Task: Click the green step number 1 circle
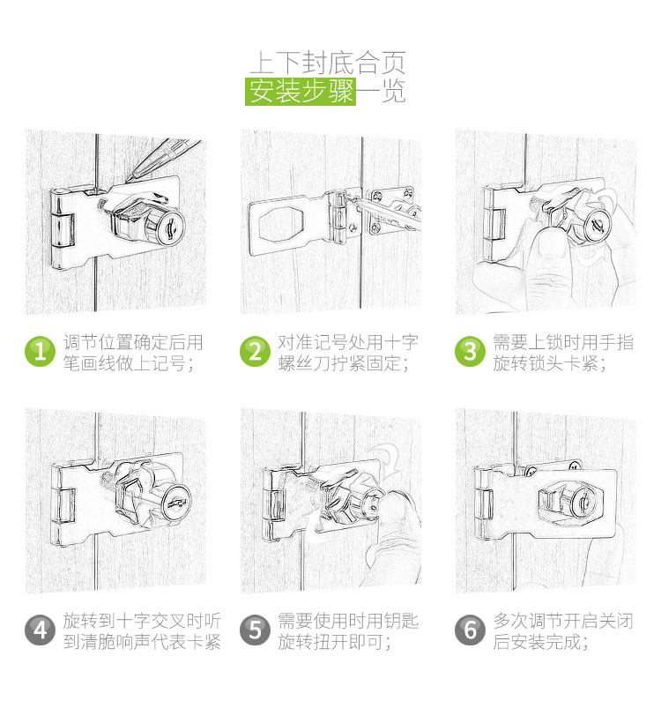(40, 352)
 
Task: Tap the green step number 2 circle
(255, 352)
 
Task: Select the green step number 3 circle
(470, 352)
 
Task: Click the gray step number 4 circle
(40, 630)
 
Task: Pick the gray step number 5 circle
(255, 630)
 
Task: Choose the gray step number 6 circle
(470, 630)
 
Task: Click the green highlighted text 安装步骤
(301, 92)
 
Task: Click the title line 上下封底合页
(328, 63)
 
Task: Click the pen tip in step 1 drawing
(128, 181)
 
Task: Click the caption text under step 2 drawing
(348, 353)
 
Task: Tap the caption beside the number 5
(348, 631)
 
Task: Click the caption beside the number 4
(142, 631)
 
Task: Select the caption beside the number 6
(563, 631)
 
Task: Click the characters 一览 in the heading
(382, 92)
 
